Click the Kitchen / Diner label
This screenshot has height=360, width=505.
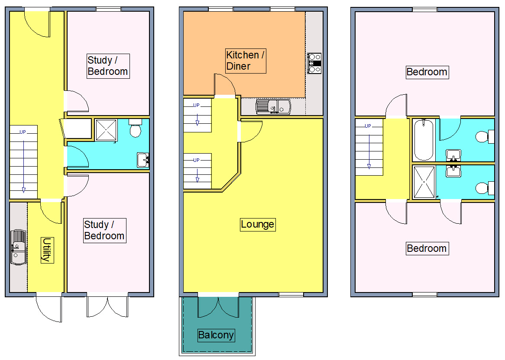pos(245,61)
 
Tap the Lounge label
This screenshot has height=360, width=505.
pos(258,224)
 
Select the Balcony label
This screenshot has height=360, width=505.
pos(216,335)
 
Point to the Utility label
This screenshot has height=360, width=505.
pos(47,250)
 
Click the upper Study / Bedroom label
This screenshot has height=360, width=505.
pos(107,66)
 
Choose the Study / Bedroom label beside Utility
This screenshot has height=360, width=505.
pos(104,230)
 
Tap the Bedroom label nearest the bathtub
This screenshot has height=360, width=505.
pos(427,72)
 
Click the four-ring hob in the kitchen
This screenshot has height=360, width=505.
pos(314,63)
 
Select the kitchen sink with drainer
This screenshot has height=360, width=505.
pos(273,106)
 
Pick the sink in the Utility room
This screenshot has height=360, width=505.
pos(18,247)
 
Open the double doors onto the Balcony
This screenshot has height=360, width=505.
pos(218,306)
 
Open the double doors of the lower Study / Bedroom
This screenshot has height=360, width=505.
pos(107,306)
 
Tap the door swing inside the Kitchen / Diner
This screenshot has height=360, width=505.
pos(225,84)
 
